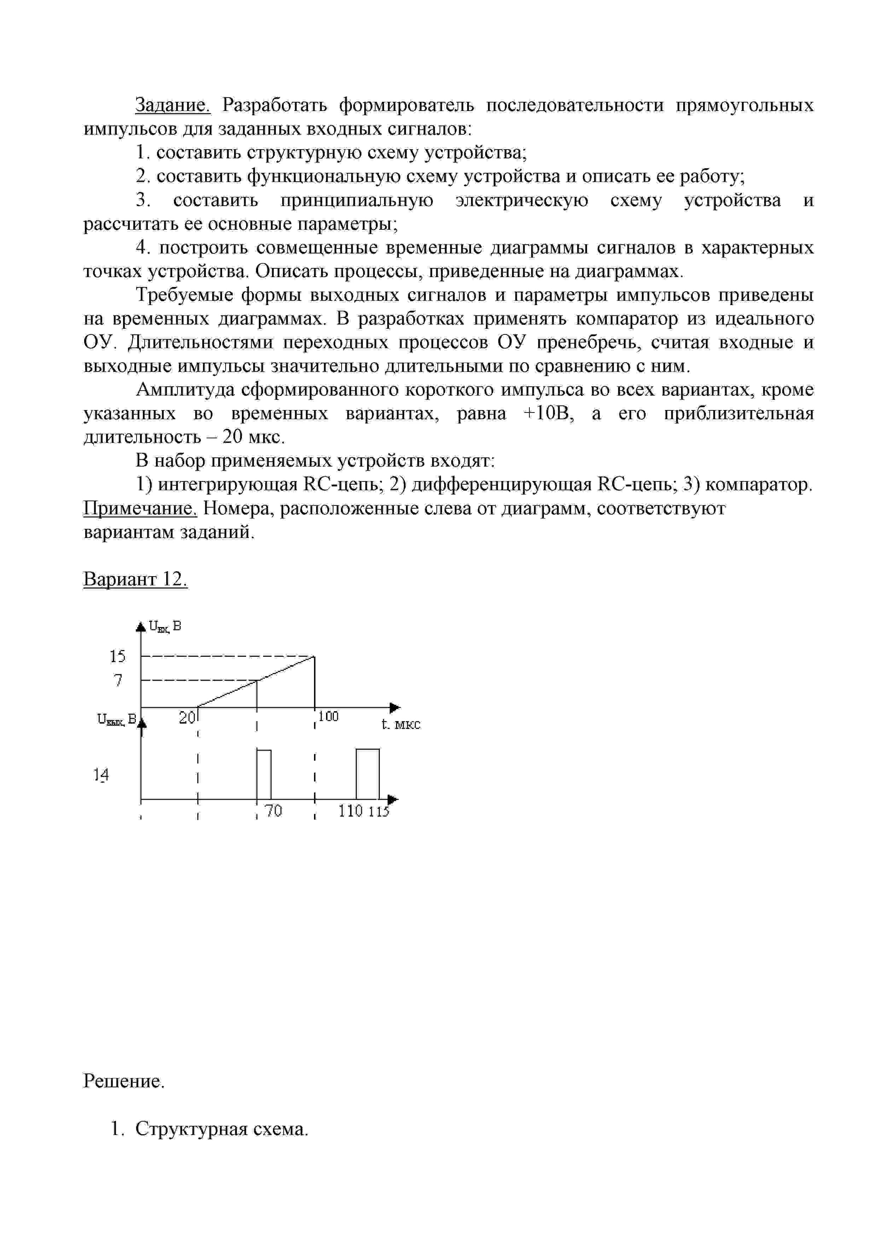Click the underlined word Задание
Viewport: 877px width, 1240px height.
click(x=172, y=105)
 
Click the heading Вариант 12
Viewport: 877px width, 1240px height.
click(x=135, y=579)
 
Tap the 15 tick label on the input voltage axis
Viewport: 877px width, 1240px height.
click(x=117, y=656)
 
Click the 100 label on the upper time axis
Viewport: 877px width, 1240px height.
click(x=328, y=716)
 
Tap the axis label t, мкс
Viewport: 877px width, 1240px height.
click(x=400, y=724)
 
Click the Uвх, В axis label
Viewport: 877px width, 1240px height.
click(x=165, y=626)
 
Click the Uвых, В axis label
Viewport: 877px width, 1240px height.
click(x=116, y=720)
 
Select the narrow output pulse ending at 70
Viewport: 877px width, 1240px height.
click(x=264, y=773)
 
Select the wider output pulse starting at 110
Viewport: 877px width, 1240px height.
click(x=367, y=773)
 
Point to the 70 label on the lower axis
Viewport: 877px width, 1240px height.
click(x=274, y=811)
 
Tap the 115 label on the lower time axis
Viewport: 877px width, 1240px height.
click(x=379, y=811)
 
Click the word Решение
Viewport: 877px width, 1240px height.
click(x=124, y=1081)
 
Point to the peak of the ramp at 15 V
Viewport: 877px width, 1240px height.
click(x=314, y=657)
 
